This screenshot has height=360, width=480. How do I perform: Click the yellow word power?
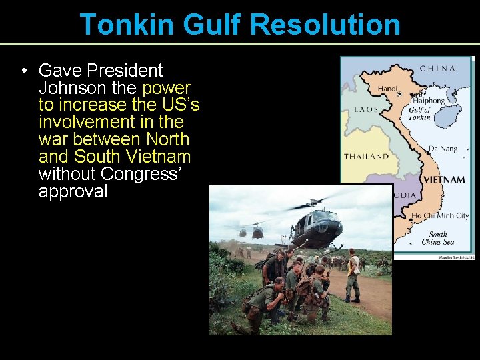point(166,88)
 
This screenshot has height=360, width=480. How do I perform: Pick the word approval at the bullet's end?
point(73,192)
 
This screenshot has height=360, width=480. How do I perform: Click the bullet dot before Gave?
point(23,71)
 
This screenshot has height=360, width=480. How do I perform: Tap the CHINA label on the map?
point(437,68)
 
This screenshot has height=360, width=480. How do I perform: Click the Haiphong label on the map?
point(428,101)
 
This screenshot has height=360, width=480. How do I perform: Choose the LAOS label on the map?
point(366,109)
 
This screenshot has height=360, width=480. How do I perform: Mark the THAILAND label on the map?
point(366,157)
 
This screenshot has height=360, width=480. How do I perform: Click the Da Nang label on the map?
point(443,149)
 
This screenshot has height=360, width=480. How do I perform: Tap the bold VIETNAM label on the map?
point(444,180)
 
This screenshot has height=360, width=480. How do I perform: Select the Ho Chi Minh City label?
point(440,216)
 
